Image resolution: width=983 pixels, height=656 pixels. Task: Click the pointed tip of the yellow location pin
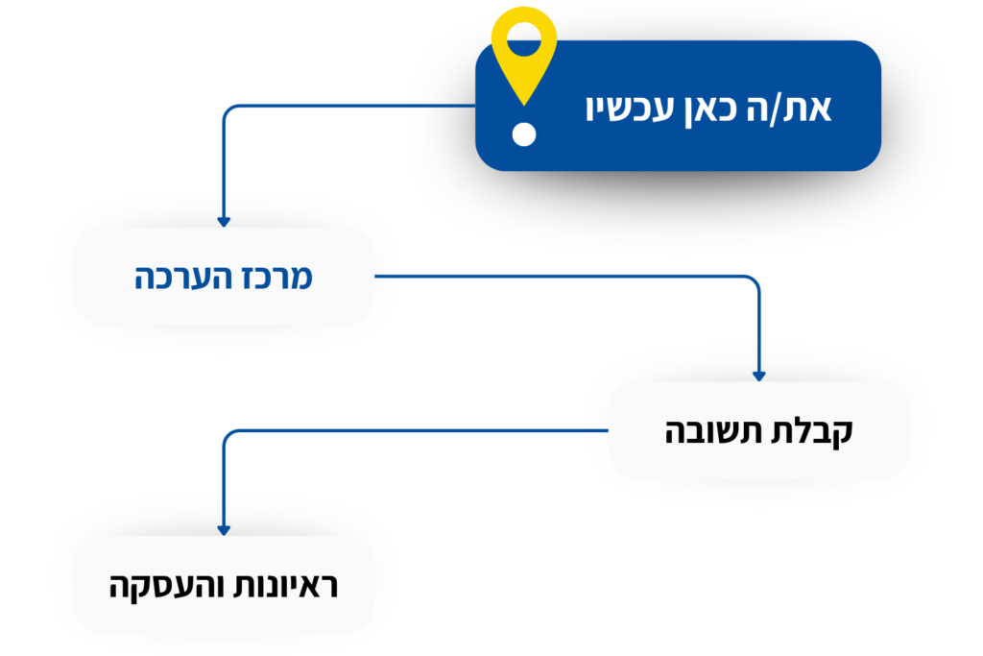(x=523, y=104)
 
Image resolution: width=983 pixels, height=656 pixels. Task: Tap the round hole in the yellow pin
(x=523, y=39)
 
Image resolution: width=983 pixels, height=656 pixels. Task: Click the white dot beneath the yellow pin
(x=523, y=134)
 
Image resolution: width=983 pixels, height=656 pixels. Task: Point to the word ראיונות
(x=286, y=586)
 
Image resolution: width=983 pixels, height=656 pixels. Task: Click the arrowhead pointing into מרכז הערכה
(x=224, y=222)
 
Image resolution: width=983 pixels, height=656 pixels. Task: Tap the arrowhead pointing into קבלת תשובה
(x=759, y=377)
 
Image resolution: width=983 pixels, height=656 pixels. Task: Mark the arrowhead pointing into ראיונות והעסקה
(x=224, y=530)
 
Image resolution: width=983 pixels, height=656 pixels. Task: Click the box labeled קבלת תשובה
(x=759, y=431)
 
